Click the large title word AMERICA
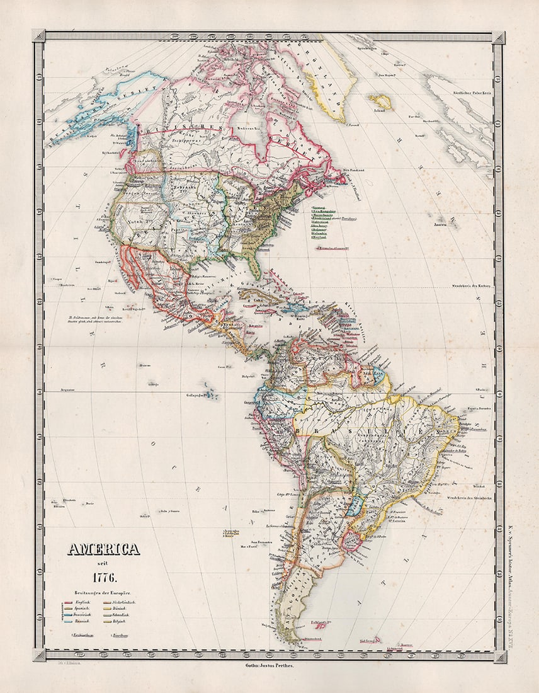(x=103, y=549)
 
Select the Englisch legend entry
(x=81, y=603)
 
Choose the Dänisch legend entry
(x=122, y=609)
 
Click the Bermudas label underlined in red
(x=332, y=248)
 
